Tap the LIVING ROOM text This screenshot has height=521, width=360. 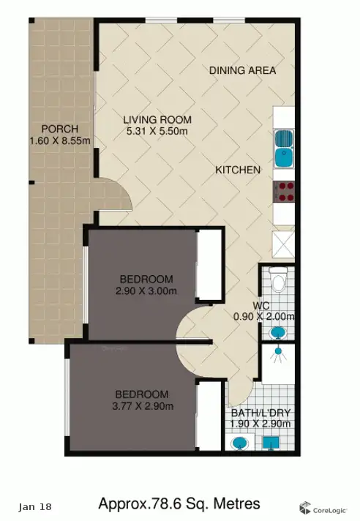pos(157,120)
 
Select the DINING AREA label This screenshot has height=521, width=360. pos(242,70)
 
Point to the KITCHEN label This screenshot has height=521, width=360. pos(238,170)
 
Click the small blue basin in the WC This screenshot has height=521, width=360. pos(279,333)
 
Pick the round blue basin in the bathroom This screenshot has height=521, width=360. pos(239,443)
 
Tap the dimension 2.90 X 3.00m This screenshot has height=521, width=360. pos(146,291)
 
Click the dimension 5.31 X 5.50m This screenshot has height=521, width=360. pos(157,132)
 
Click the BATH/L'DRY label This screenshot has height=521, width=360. pos(261,412)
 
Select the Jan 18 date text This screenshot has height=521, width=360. pos(35,506)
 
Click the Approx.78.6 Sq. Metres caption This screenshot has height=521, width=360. pos(179,504)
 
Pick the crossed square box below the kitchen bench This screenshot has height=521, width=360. pos(284,243)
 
